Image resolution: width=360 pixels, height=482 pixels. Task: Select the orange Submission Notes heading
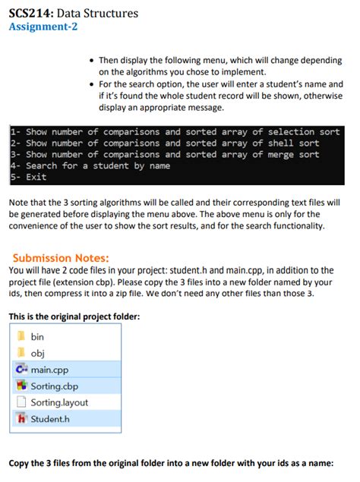61,258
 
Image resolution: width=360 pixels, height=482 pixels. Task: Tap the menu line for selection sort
175,132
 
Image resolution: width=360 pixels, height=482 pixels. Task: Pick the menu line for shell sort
164,143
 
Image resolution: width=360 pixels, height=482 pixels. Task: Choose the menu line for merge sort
164,155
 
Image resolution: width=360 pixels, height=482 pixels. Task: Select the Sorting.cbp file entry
55,386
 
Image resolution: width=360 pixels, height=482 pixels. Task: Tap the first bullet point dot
91,60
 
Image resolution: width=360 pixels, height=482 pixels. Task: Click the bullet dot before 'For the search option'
91,83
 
